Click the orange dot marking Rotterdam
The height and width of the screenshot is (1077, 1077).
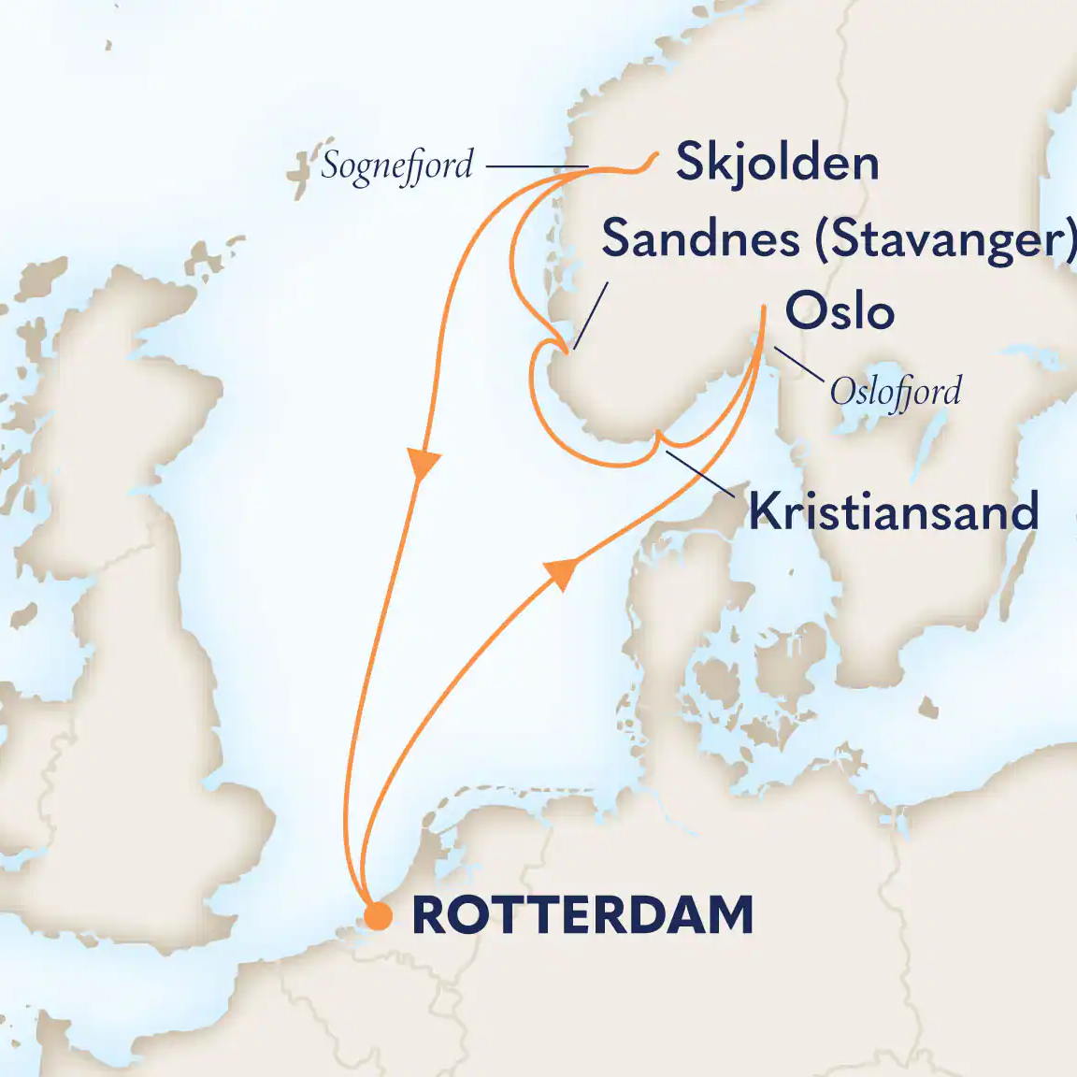[378, 916]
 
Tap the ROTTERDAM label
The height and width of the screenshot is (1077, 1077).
[582, 915]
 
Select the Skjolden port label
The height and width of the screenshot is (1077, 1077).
[777, 163]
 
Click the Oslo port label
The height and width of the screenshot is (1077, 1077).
[840, 310]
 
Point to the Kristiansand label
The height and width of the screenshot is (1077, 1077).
[894, 511]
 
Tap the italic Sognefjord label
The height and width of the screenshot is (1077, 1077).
[397, 166]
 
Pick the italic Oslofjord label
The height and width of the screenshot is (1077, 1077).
[895, 391]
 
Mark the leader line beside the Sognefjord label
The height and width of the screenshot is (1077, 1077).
[537, 167]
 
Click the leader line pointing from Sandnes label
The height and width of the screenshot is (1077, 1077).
[591, 316]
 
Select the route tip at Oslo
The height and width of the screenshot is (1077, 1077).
[765, 309]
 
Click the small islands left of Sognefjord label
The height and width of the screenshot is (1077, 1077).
[300, 175]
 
